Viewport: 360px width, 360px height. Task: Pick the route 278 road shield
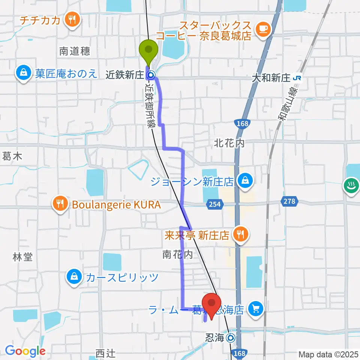289,202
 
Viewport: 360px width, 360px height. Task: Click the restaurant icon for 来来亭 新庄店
240,234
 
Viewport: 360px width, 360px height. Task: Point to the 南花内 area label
177,255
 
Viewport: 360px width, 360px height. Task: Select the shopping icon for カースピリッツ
74,277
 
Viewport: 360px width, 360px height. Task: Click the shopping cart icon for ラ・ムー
256,309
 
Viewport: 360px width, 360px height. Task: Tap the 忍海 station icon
230,338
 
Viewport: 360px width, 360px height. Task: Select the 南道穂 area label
75,52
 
